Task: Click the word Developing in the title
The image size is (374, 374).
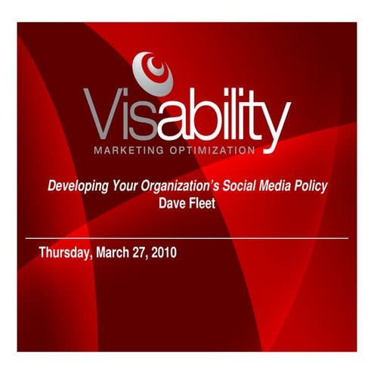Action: point(76,187)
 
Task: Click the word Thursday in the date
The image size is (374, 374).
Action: point(65,252)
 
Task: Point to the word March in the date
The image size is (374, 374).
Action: point(113,252)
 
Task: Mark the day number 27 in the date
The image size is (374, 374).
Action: point(141,252)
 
